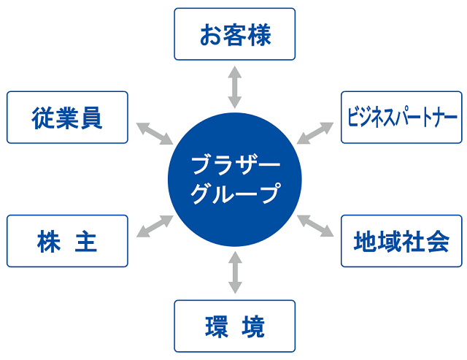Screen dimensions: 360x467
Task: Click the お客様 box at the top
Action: (234, 34)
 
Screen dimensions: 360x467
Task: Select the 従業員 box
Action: (67, 117)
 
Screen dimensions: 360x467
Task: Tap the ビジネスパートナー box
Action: (401, 117)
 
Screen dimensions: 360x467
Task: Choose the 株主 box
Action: (67, 242)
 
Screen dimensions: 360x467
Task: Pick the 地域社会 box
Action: (401, 240)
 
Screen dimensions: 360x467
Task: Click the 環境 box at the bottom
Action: (234, 326)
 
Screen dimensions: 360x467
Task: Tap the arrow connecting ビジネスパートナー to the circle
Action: (315, 134)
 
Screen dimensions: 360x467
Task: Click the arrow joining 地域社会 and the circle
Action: (315, 226)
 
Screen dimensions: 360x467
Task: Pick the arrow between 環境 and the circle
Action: (234, 272)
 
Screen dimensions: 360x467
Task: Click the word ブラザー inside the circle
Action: (234, 164)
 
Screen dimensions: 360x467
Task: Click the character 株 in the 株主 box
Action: (48, 242)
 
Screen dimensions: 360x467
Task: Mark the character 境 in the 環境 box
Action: (254, 326)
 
